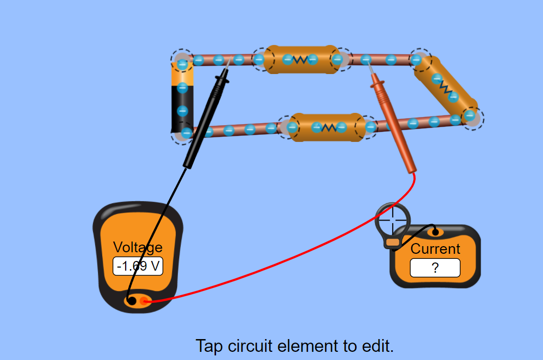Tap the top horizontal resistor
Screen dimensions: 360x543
(301, 60)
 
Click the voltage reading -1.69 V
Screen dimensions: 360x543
(138, 266)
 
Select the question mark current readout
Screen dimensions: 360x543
(435, 268)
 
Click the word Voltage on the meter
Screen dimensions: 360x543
(138, 248)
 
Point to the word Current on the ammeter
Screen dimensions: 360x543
(435, 249)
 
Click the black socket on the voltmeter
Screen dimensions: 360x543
(132, 301)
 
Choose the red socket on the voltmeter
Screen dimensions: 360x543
(144, 301)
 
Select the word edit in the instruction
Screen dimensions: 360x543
(375, 346)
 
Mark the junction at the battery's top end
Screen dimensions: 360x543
(181, 60)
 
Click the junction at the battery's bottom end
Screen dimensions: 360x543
(183, 134)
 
